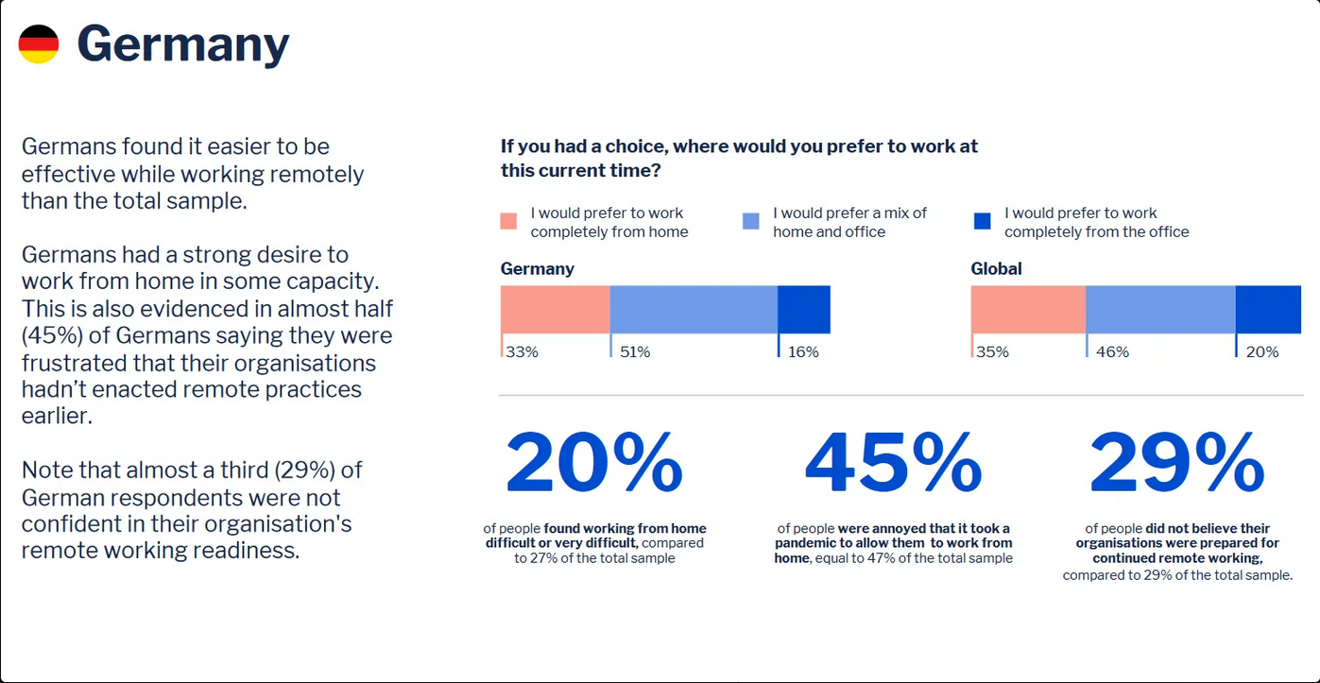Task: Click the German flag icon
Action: [39, 44]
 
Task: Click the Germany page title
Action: [183, 44]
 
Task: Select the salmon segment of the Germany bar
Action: [555, 310]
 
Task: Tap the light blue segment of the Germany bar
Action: [694, 310]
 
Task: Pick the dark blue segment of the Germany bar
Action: [804, 310]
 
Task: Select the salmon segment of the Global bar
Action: [1028, 310]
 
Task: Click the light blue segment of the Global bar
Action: [1160, 310]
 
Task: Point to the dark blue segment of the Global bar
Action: [1268, 310]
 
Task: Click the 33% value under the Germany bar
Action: [522, 352]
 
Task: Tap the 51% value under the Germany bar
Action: [635, 352]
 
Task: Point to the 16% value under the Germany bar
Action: [803, 352]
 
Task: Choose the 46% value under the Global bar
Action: [1112, 352]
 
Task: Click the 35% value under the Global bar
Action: [992, 352]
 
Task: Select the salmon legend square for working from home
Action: [509, 221]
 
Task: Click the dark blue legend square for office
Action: [983, 221]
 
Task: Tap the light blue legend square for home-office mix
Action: [751, 221]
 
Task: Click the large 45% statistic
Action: [893, 465]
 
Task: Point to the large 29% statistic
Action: [1176, 465]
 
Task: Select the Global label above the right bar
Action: [996, 269]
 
